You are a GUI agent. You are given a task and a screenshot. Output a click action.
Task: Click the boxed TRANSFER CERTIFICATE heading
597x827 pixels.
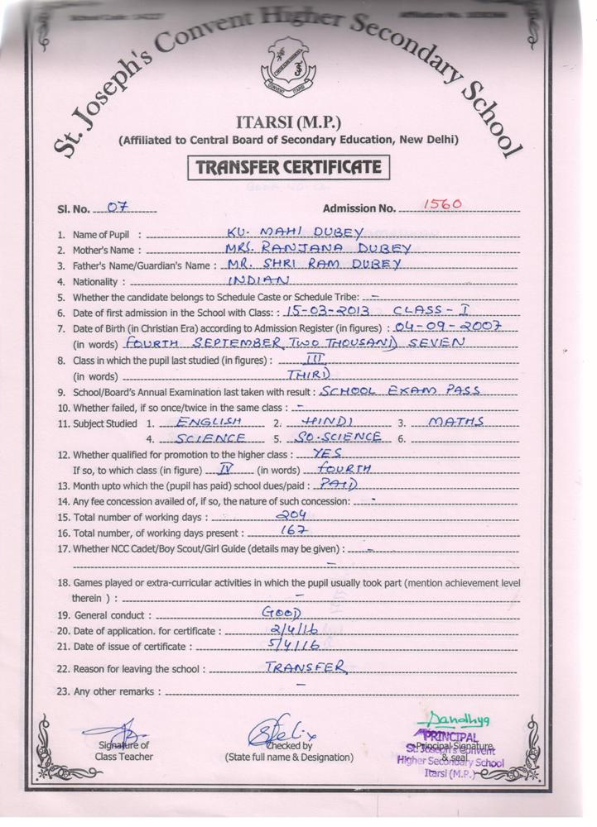[287, 168]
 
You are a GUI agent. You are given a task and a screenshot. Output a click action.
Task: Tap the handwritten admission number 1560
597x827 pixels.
[441, 203]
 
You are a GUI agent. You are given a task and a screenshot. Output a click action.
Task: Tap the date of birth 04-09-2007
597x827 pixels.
[455, 327]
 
